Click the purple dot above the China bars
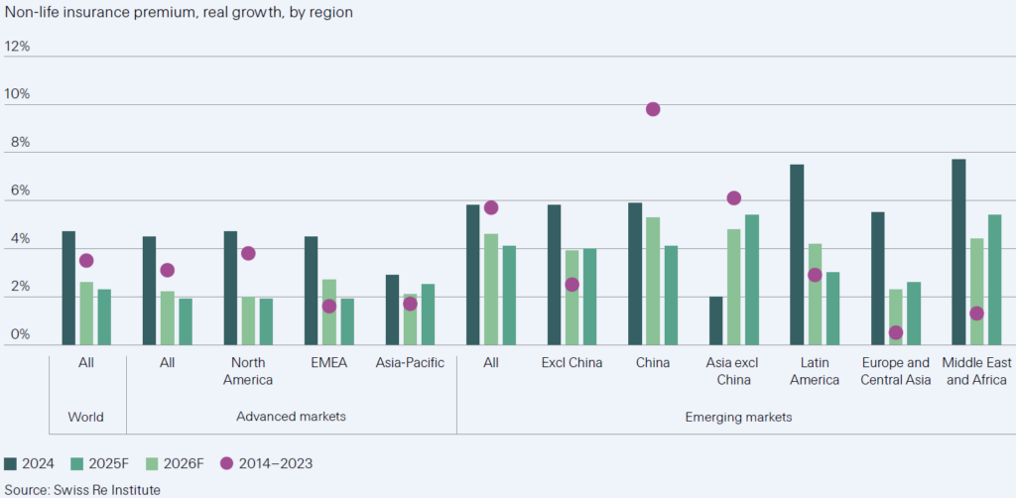pyautogui.click(x=653, y=109)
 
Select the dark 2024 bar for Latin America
pyautogui.click(x=797, y=254)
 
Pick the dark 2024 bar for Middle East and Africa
pyautogui.click(x=958, y=252)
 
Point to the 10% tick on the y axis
pyautogui.click(x=17, y=95)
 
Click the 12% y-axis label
pyautogui.click(x=17, y=47)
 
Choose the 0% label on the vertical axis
pyautogui.click(x=20, y=335)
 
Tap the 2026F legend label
pyautogui.click(x=181, y=462)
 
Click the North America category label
pyautogui.click(x=248, y=371)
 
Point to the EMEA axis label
pyautogui.click(x=328, y=363)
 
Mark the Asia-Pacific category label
pyautogui.click(x=410, y=363)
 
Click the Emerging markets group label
pyautogui.click(x=739, y=417)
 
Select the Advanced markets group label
pyautogui.click(x=291, y=417)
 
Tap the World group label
pyautogui.click(x=86, y=417)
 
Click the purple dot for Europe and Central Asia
pyautogui.click(x=896, y=333)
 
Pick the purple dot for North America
pyautogui.click(x=248, y=253)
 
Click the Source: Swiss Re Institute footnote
pyautogui.click(x=82, y=489)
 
